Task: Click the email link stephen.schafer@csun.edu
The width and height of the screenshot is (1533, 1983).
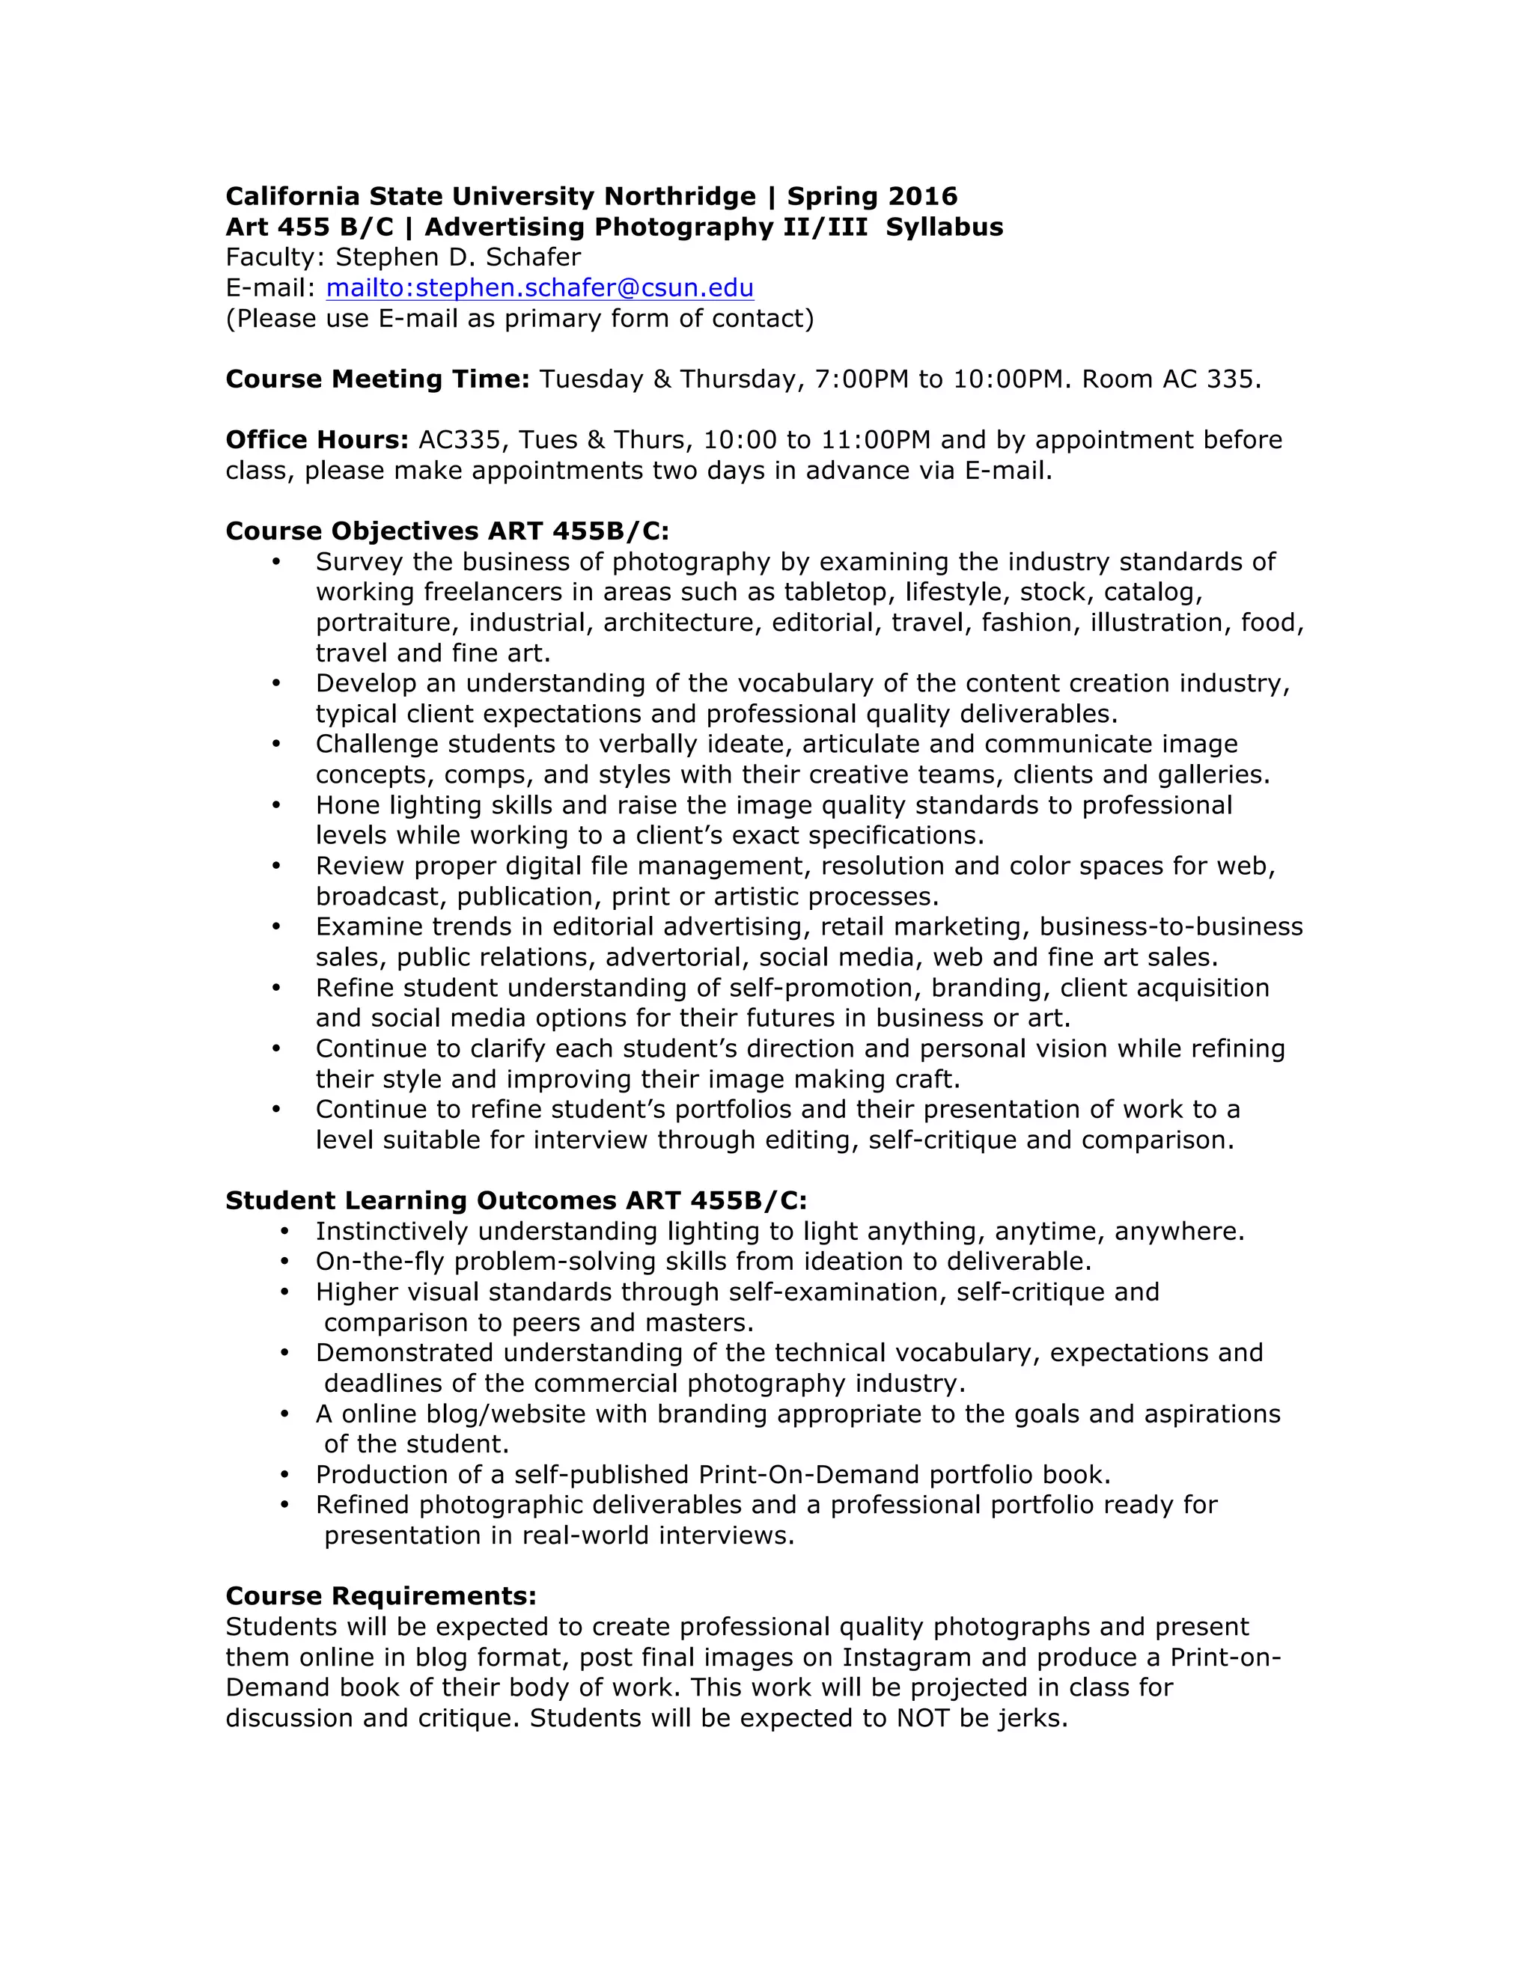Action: (x=540, y=288)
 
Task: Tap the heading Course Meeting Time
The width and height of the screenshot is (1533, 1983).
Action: (x=377, y=379)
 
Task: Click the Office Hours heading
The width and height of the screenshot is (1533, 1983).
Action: (x=317, y=439)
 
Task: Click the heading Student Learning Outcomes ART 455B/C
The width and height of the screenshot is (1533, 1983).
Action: (x=516, y=1200)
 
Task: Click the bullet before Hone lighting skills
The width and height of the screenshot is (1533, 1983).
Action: (x=276, y=805)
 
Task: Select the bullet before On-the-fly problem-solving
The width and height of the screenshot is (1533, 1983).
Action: (x=285, y=1262)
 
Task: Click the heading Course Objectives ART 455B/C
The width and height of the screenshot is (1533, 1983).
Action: (x=447, y=531)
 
